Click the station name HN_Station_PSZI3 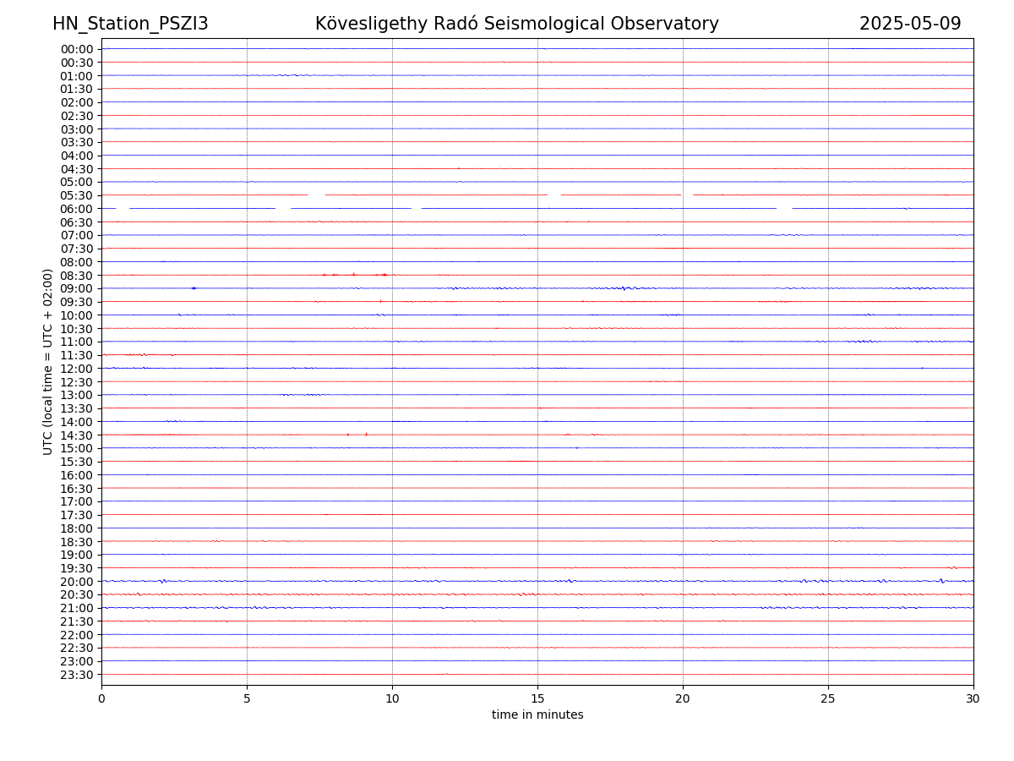pos(130,24)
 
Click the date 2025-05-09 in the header pos(910,24)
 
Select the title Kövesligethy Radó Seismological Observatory pos(516,24)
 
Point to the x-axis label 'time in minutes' pos(537,715)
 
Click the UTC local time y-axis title pos(48,361)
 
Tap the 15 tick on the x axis pos(537,698)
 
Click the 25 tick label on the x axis pos(828,698)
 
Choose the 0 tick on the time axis pos(101,698)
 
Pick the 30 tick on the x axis pos(973,698)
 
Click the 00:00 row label pos(77,49)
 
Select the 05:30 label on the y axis pos(77,195)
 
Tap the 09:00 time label pos(77,288)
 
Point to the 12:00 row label pos(77,369)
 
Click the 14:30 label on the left pos(77,435)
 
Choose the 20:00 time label pos(77,581)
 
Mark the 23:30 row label pos(77,674)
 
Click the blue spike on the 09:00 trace pos(194,288)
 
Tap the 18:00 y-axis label pos(77,528)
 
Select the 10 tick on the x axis pos(392,698)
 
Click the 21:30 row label pos(77,621)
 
